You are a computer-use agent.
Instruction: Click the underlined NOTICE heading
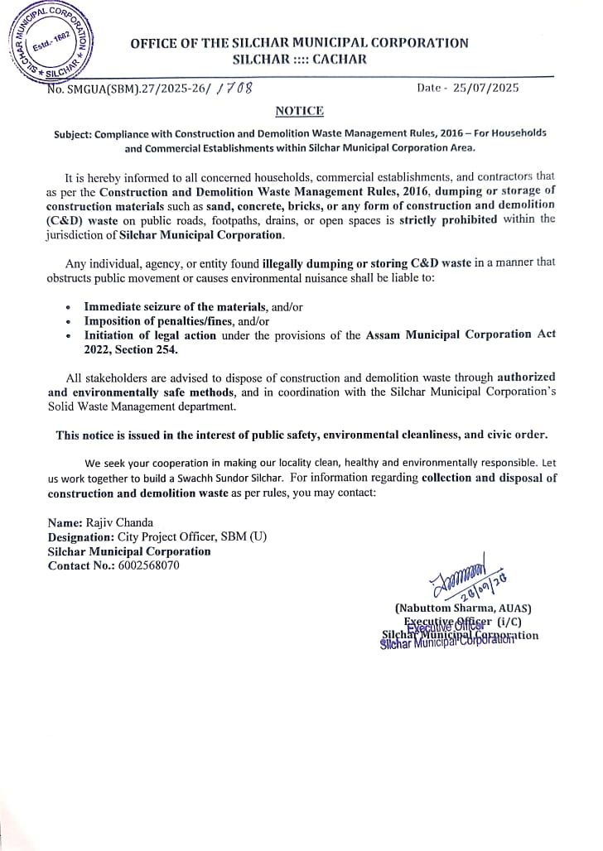[x=299, y=111]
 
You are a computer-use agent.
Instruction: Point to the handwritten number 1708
[x=234, y=87]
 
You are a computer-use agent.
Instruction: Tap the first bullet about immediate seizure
[x=193, y=306]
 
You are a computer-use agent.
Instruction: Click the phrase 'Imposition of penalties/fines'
[x=165, y=320]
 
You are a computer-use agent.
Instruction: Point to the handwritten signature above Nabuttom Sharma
[x=454, y=571]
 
